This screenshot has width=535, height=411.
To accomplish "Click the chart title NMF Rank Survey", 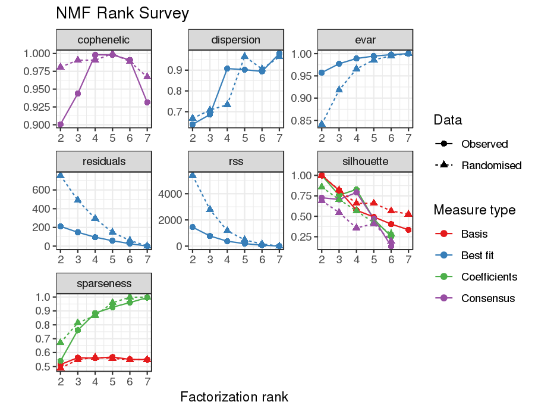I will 122,13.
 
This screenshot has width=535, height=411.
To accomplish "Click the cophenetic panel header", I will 103,40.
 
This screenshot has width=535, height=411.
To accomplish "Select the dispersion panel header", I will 235,40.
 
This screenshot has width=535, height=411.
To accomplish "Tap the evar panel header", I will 365,40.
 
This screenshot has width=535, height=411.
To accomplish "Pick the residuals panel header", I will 103,161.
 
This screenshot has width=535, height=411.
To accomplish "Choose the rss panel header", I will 235,161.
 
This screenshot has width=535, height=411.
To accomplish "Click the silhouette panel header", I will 365,161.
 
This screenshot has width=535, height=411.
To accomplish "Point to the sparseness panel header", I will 103,283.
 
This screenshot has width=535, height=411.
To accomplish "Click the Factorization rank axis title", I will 234,396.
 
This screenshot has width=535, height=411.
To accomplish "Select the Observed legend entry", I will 484,144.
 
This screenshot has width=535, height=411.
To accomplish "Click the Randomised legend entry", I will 491,166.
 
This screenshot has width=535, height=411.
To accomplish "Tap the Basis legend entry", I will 474,234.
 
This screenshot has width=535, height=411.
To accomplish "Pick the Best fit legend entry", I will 477,256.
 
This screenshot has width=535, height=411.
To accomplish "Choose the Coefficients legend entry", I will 489,277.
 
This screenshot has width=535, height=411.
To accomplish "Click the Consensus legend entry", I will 488,298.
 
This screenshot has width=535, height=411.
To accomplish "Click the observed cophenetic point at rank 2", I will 61,124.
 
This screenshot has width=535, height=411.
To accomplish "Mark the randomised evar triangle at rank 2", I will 322,124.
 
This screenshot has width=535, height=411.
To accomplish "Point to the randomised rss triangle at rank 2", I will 193,175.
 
